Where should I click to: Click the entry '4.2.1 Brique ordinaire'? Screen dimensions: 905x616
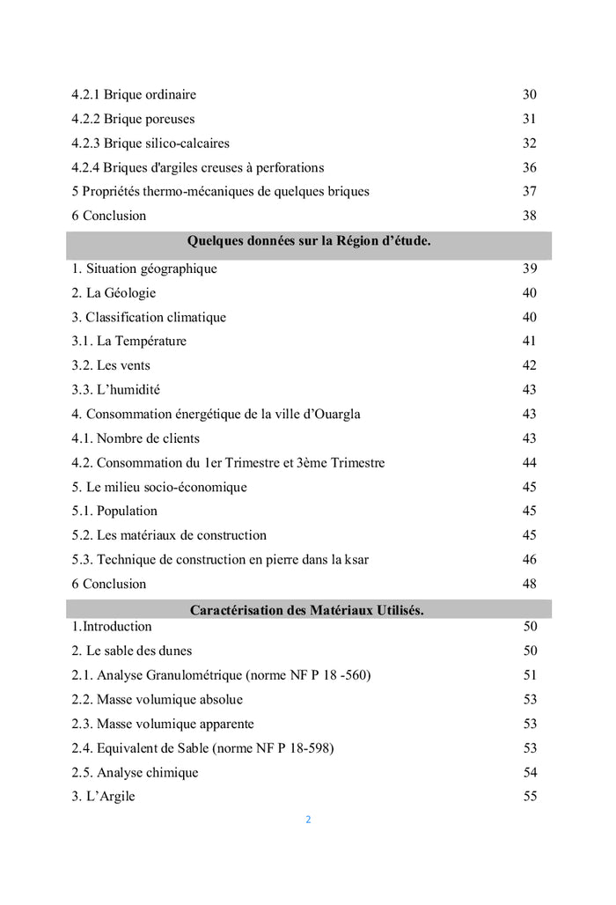coord(134,95)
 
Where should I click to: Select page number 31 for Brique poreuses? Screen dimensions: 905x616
coord(529,119)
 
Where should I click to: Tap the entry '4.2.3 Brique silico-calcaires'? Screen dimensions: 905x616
coord(150,143)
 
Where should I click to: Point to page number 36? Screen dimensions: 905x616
coord(529,167)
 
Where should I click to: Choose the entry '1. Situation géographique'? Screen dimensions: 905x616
coord(144,269)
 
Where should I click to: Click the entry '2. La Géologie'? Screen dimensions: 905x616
coord(114,293)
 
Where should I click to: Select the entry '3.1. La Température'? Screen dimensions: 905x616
coord(129,342)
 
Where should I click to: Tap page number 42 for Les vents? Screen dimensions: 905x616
coord(529,365)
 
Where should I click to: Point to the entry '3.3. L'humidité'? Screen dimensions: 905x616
coord(116,390)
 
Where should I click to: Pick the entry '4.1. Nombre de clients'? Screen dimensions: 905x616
coord(136,438)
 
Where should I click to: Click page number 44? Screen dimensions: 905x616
coord(529,462)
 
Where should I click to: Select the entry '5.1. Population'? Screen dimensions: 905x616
coord(114,511)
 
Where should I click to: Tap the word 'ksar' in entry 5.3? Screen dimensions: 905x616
coord(357,559)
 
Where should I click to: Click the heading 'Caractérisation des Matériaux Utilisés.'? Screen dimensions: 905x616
coord(307,610)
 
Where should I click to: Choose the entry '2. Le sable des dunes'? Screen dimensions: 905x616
coord(132,651)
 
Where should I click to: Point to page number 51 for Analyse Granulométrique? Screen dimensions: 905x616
coord(529,675)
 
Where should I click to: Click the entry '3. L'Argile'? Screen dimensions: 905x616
coord(104,797)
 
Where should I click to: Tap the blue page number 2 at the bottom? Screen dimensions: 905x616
coord(308,820)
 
